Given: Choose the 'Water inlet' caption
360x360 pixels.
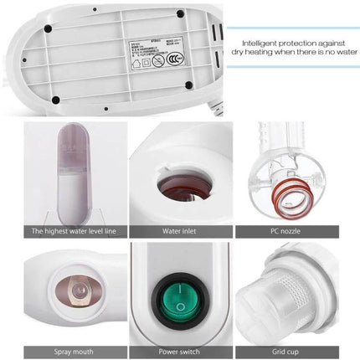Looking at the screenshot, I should click(x=179, y=231).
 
